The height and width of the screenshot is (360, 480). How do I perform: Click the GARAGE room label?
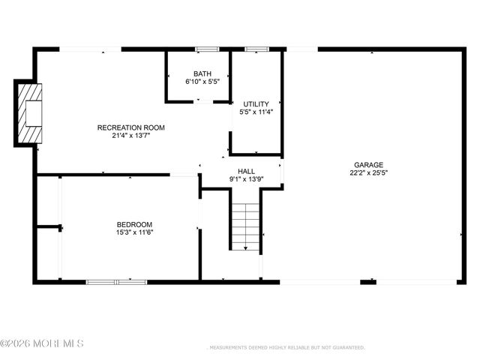pyautogui.click(x=368, y=165)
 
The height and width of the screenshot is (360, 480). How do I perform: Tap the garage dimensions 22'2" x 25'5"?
pyautogui.click(x=368, y=172)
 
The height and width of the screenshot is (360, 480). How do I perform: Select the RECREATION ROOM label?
pyautogui.click(x=131, y=127)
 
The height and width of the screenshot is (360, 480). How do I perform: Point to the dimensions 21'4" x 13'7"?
pyautogui.click(x=131, y=136)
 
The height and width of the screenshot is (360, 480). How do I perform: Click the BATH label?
pyautogui.click(x=202, y=73)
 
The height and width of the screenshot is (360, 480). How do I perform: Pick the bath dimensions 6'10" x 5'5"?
pyautogui.click(x=202, y=81)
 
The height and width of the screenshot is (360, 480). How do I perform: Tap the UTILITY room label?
pyautogui.click(x=256, y=103)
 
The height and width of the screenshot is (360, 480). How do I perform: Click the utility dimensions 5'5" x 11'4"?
pyautogui.click(x=256, y=112)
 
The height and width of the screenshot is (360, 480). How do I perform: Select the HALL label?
pyautogui.click(x=246, y=171)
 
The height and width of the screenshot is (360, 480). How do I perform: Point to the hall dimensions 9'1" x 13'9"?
pyautogui.click(x=246, y=179)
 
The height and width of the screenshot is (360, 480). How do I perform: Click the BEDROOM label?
pyautogui.click(x=134, y=225)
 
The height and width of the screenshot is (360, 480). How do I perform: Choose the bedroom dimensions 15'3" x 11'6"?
pyautogui.click(x=134, y=232)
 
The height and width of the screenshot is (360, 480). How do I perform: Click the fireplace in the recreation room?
pyautogui.click(x=31, y=113)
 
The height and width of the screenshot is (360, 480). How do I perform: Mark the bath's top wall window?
pyautogui.click(x=202, y=49)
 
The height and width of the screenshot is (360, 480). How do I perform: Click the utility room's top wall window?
pyautogui.click(x=256, y=49)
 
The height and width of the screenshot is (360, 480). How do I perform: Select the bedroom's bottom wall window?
pyautogui.click(x=116, y=282)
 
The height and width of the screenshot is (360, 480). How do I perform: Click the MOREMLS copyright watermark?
pyautogui.click(x=42, y=343)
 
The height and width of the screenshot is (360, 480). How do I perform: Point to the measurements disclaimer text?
pyautogui.click(x=285, y=348)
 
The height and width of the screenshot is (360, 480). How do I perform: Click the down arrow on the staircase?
pyautogui.click(x=245, y=248)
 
